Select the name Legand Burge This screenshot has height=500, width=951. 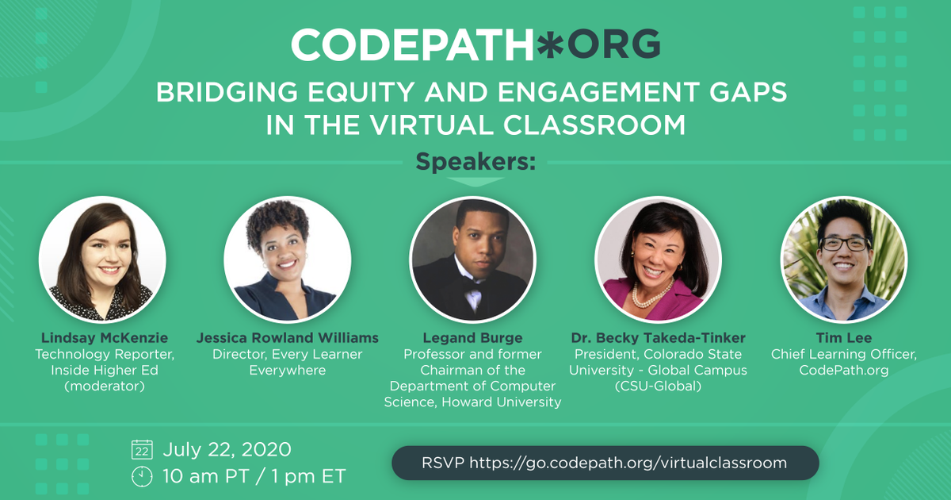472,338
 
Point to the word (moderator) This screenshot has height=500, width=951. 102,386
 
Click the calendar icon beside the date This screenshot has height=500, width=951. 142,450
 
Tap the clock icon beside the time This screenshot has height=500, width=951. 142,476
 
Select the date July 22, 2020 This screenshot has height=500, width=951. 227,450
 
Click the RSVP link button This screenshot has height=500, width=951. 605,462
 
